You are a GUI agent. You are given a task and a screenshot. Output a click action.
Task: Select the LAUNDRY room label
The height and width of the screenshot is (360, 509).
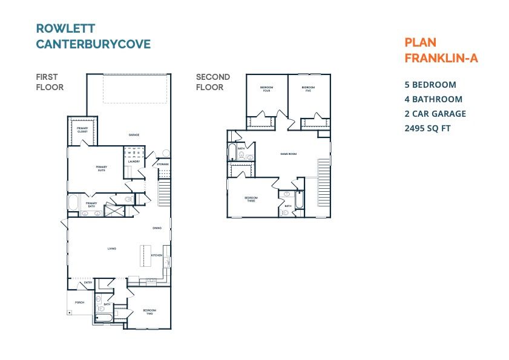click(134, 162)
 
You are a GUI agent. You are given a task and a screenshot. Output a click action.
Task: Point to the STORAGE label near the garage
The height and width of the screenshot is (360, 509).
click(162, 165)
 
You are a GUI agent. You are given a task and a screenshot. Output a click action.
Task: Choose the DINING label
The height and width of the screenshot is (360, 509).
click(157, 228)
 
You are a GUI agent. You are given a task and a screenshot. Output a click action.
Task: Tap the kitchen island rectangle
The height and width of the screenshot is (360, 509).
click(145, 254)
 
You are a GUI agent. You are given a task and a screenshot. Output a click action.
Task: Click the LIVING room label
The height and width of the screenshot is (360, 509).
click(112, 249)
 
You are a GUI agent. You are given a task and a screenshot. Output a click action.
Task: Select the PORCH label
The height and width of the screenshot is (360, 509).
click(79, 302)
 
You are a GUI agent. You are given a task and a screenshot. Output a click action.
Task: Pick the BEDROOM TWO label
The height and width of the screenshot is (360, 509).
click(149, 312)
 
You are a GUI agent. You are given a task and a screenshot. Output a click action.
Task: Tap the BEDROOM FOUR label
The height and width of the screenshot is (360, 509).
click(267, 88)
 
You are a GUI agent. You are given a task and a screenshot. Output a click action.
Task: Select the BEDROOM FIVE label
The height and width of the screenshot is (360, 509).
click(309, 88)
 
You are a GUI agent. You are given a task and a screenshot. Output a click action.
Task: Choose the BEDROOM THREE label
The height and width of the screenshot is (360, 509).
click(251, 199)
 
